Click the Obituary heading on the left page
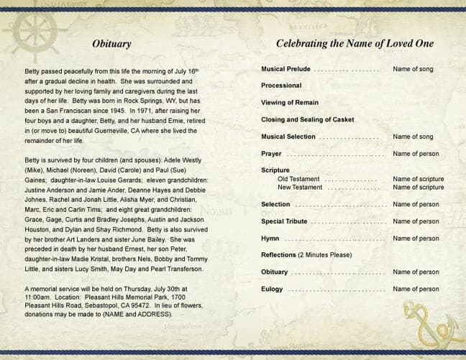(x=111, y=44)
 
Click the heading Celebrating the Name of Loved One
(x=355, y=44)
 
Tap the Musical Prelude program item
(x=285, y=69)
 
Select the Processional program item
(x=280, y=86)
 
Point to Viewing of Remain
(x=290, y=103)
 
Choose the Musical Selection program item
(x=288, y=137)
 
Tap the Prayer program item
(x=271, y=154)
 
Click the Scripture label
(x=275, y=170)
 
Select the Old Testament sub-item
(x=298, y=179)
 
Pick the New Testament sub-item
(x=300, y=187)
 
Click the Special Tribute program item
(x=284, y=221)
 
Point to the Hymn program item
(x=270, y=238)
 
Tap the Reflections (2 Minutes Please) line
(x=306, y=255)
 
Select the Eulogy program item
(x=273, y=289)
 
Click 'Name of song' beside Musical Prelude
(x=413, y=69)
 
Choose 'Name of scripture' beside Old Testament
(x=418, y=179)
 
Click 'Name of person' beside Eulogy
(x=416, y=289)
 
